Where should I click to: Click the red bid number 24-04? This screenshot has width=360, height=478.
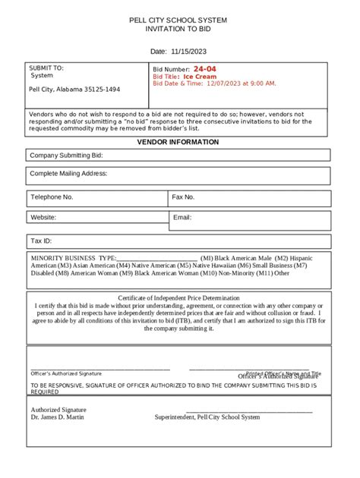(204, 69)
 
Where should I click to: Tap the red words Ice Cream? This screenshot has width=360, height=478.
(200, 77)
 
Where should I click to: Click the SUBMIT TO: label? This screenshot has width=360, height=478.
(46, 68)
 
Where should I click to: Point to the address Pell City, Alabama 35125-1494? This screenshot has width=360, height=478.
(74, 90)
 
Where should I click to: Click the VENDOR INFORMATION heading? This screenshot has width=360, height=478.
(178, 142)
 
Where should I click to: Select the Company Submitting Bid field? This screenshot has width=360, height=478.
(178, 156)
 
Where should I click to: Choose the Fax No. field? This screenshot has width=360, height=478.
(249, 197)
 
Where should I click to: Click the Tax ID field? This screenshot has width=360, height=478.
(178, 241)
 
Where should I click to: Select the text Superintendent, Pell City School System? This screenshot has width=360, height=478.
(207, 417)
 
